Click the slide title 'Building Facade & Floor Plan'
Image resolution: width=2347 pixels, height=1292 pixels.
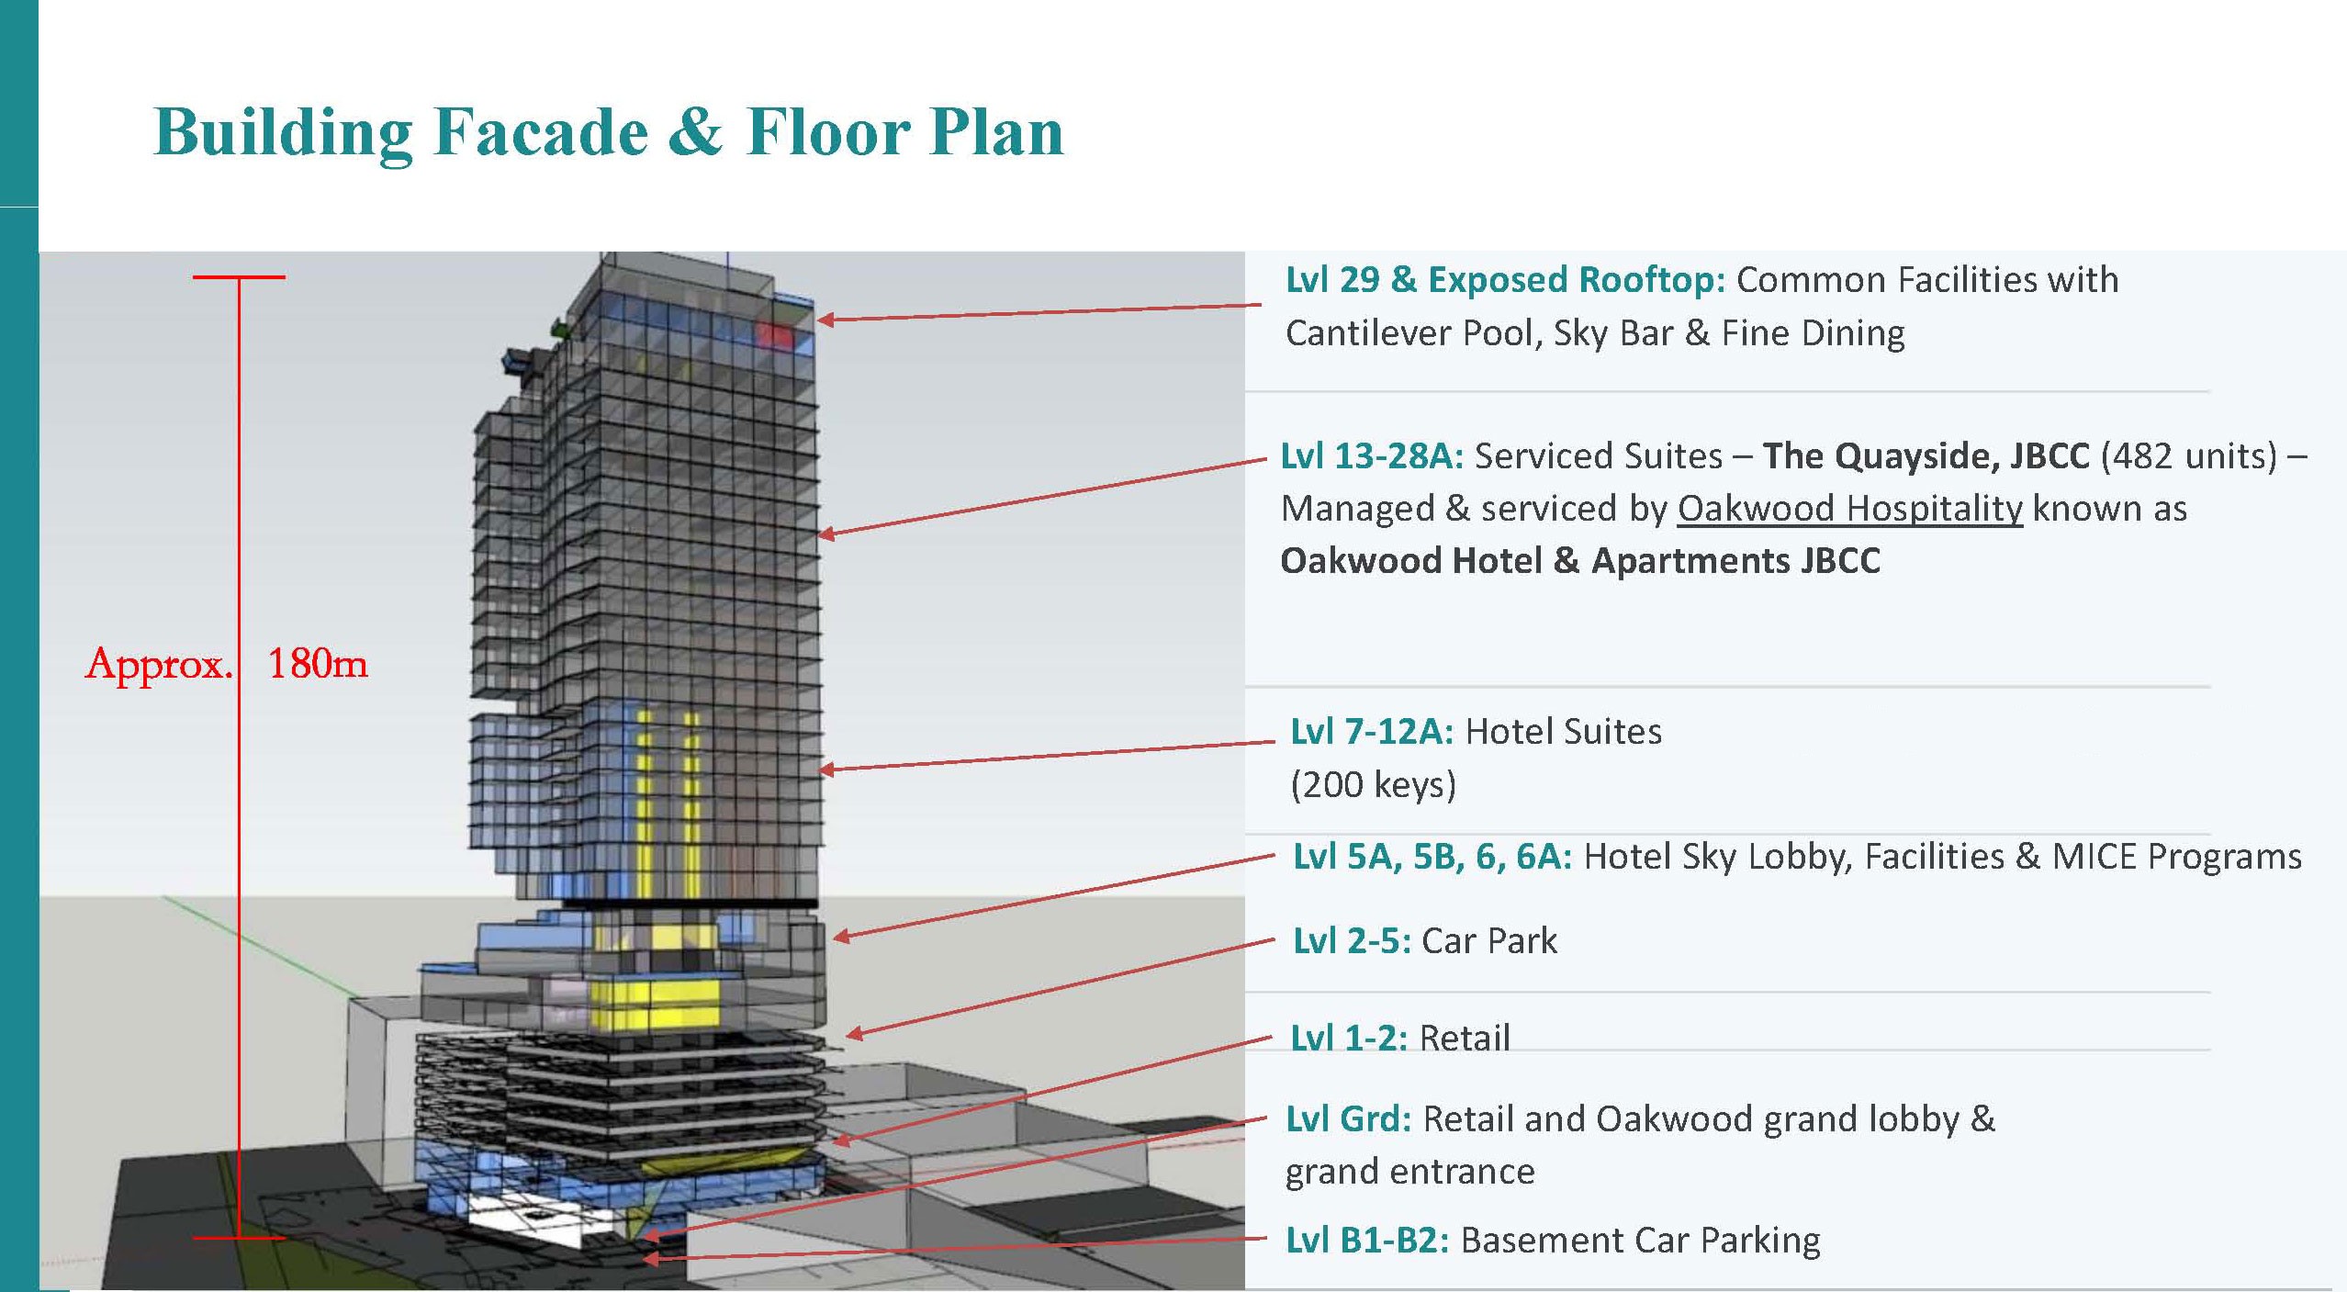tap(609, 133)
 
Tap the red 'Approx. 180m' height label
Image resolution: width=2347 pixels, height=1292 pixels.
tap(227, 663)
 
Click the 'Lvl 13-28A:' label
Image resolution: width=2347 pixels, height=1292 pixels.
tap(1372, 456)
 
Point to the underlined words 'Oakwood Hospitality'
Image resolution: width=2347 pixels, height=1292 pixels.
tap(1849, 509)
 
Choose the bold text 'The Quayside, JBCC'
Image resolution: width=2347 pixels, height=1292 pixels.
tap(1926, 456)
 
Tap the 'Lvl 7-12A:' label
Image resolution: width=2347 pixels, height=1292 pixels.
tap(1372, 732)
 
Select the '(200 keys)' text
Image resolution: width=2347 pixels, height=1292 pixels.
tap(1373, 785)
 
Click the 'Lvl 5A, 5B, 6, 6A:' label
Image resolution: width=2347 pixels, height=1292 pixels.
tap(1432, 857)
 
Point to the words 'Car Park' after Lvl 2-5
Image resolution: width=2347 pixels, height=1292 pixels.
tap(1489, 941)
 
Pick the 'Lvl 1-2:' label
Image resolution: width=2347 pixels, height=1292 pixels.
tap(1349, 1039)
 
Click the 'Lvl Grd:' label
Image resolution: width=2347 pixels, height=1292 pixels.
tap(1348, 1119)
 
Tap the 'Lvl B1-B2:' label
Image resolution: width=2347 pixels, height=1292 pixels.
tap(1367, 1241)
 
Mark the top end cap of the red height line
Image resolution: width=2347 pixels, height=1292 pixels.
tap(239, 276)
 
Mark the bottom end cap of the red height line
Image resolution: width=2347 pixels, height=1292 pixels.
tap(239, 1238)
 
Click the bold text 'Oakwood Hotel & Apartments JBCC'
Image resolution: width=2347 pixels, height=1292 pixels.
tap(1580, 561)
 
